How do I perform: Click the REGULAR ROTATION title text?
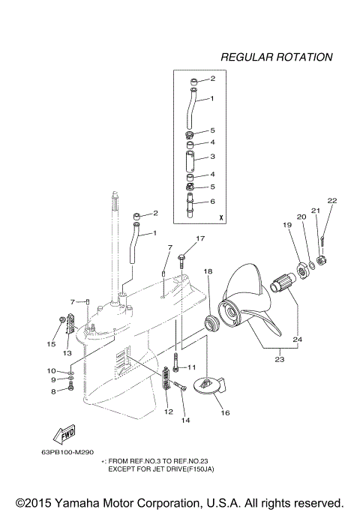coord(276,57)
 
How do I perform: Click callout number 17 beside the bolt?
coord(200,239)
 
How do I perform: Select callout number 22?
coord(332,200)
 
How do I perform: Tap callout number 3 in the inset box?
coord(212,157)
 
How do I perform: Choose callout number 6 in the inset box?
coord(212,202)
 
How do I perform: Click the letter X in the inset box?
coord(220,217)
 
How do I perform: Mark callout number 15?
coord(52,344)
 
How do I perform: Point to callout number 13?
coord(67,353)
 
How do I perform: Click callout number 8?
coord(52,391)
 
